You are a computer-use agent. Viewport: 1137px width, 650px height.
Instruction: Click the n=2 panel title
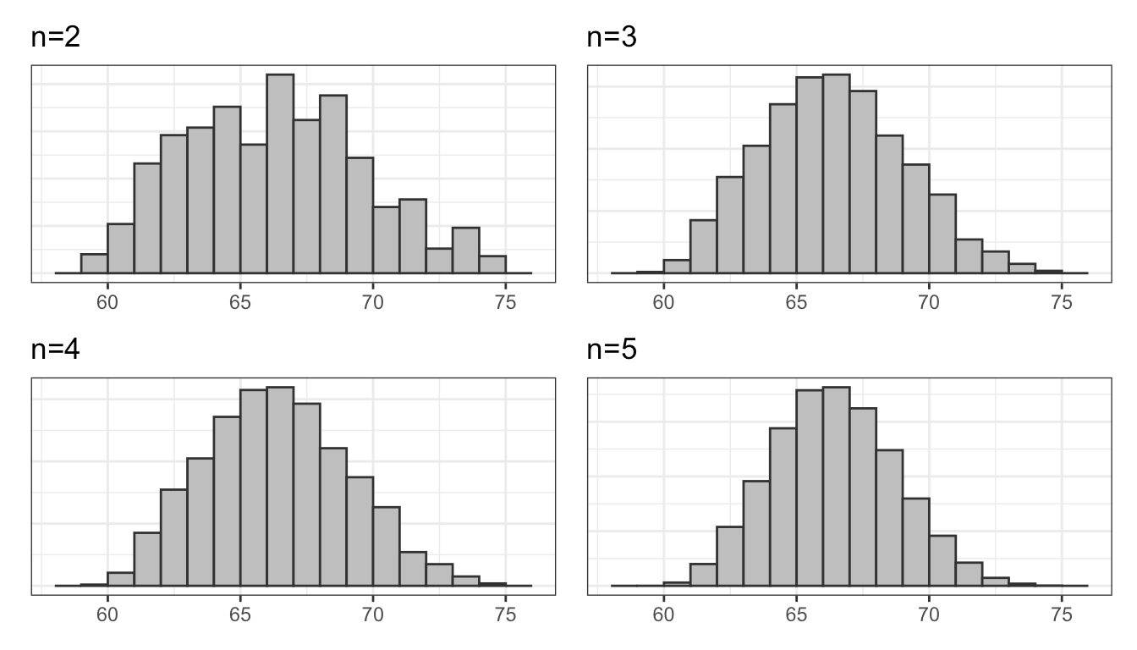[x=55, y=37]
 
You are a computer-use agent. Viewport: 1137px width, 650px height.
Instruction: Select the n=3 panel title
[x=611, y=37]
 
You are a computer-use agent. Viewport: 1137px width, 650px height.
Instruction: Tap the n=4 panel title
[x=55, y=349]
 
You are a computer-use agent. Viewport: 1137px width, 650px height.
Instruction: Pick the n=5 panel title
[x=611, y=349]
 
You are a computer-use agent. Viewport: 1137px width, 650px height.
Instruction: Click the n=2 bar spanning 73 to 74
[x=465, y=251]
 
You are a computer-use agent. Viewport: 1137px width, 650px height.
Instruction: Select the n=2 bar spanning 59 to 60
[x=94, y=264]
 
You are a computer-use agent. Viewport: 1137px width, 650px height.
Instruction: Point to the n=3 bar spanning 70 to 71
[x=942, y=234]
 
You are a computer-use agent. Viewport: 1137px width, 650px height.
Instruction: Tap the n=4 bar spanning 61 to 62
[x=147, y=559]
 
